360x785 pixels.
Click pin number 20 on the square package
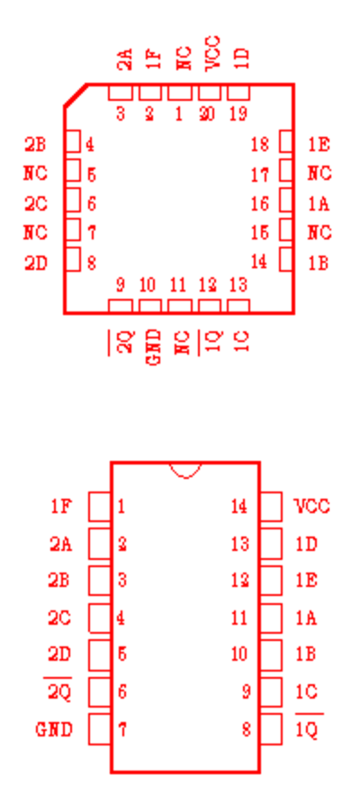point(207,114)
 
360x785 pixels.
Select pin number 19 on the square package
point(238,114)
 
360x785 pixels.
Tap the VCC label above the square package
point(212,53)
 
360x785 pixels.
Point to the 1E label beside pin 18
point(319,145)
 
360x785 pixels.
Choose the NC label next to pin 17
point(319,173)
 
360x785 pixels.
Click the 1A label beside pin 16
point(319,203)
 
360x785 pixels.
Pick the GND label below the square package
point(155,347)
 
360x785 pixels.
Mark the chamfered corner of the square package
point(76,95)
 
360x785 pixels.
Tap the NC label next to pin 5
point(35,173)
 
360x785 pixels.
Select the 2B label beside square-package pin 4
point(35,145)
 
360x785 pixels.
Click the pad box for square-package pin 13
point(238,306)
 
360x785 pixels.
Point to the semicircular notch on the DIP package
point(185,474)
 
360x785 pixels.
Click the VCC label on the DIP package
point(312,506)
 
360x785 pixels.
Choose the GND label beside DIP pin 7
point(54,729)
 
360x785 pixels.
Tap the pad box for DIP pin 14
point(271,507)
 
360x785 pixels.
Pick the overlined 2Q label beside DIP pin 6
point(59,690)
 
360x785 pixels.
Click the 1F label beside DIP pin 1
point(61,506)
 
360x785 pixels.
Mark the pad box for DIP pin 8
point(271,729)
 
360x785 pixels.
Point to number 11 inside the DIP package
point(239,618)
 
